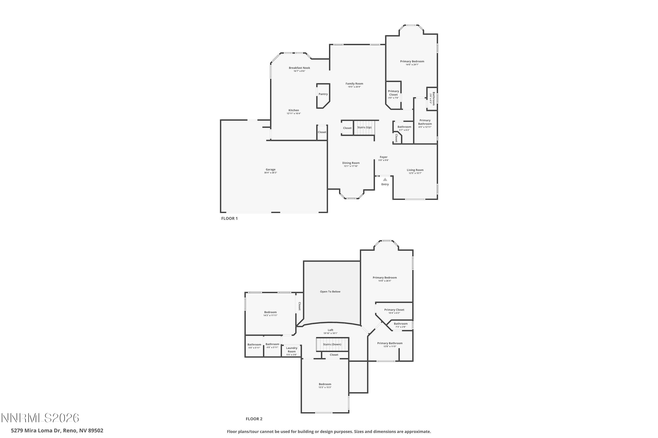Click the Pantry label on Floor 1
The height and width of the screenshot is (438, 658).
(x=323, y=94)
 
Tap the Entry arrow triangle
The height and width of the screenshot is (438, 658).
(x=385, y=180)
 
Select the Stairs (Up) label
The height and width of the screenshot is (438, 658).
(x=364, y=127)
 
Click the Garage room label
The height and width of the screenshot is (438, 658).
(x=270, y=170)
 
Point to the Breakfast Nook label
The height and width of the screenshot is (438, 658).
(x=299, y=68)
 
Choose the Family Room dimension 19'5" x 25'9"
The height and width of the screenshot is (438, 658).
(x=354, y=87)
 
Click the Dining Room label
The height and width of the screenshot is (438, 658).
(x=351, y=163)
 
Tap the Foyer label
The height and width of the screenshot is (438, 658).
(x=384, y=157)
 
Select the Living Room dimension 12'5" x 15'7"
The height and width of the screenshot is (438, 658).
(x=415, y=173)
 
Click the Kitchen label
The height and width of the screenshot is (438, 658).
(x=294, y=110)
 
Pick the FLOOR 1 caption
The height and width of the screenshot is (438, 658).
(x=229, y=218)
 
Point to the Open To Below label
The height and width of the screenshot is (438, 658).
(x=330, y=292)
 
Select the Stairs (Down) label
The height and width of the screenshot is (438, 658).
(x=332, y=344)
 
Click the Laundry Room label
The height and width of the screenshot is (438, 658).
(x=291, y=350)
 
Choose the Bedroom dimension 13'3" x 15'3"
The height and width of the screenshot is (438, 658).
(x=325, y=387)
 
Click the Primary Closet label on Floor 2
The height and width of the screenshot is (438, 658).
(x=394, y=310)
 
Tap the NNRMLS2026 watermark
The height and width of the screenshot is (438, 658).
(x=40, y=418)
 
